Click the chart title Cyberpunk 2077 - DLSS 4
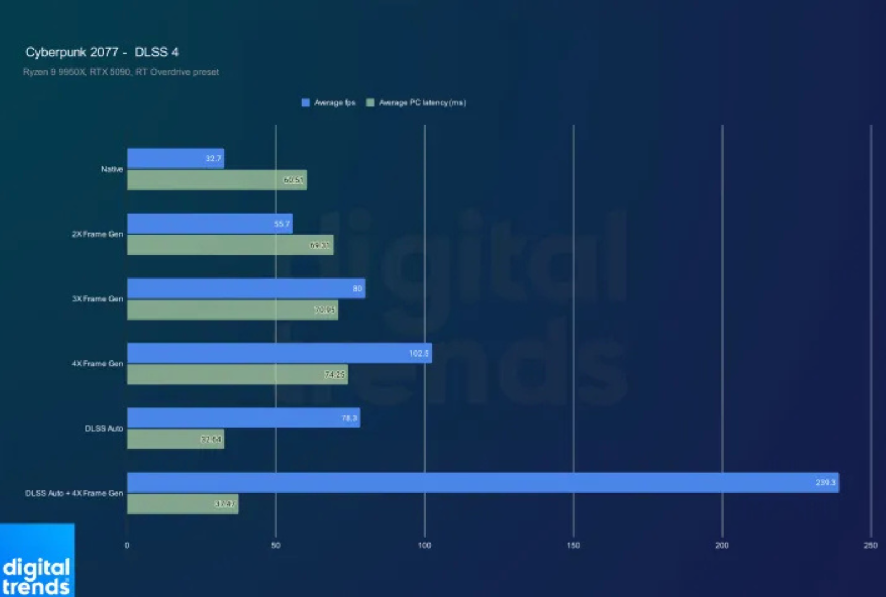[102, 53]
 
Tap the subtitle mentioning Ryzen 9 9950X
[120, 72]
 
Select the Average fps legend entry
[329, 102]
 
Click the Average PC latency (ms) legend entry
[417, 102]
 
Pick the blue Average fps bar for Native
[175, 159]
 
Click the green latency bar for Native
[217, 180]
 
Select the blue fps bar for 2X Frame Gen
[209, 224]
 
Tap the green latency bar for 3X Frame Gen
[232, 310]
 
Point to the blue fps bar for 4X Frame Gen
[279, 353]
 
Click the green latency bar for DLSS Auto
[175, 439]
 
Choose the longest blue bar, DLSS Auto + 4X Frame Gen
[483, 483]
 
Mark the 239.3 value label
[826, 483]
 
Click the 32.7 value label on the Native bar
[213, 159]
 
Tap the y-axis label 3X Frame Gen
[97, 299]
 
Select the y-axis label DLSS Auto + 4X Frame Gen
[74, 493]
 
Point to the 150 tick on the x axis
[573, 546]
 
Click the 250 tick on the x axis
[870, 546]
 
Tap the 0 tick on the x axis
[127, 546]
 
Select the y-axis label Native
[112, 169]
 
